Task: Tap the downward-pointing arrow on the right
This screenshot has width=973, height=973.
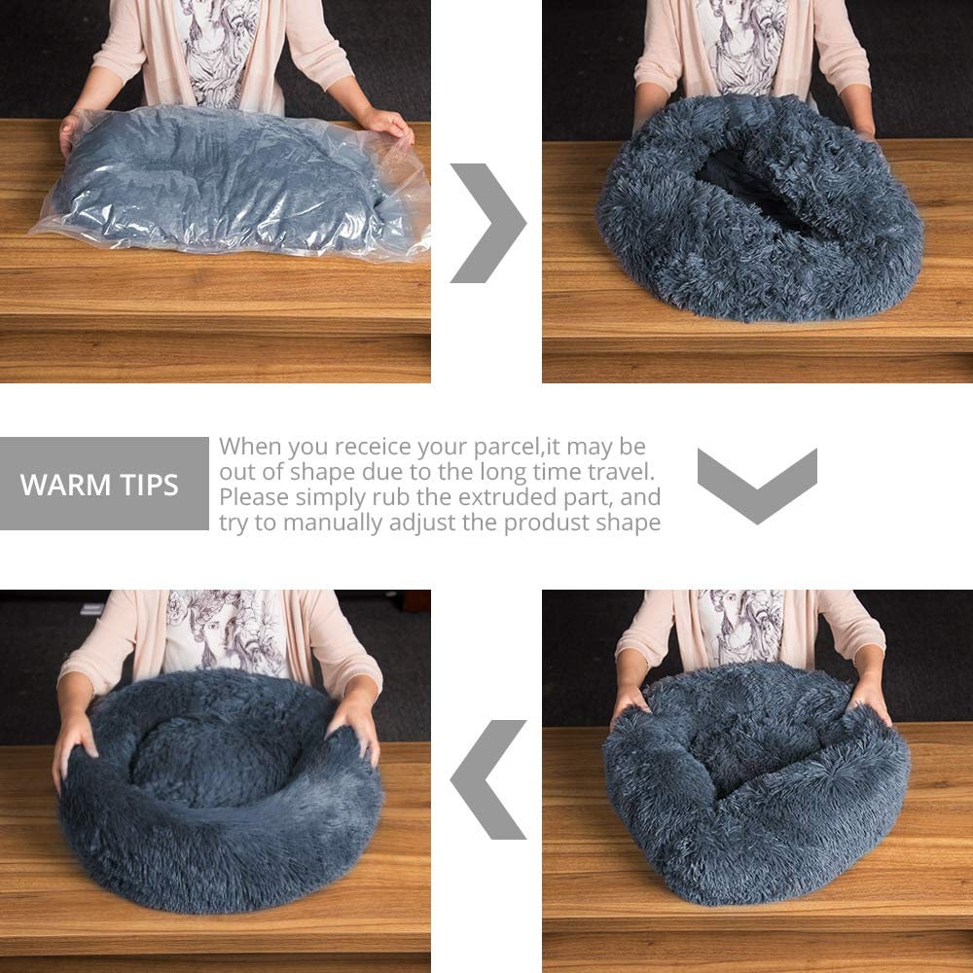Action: (x=757, y=484)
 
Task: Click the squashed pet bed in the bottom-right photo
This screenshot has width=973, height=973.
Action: (x=754, y=778)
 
